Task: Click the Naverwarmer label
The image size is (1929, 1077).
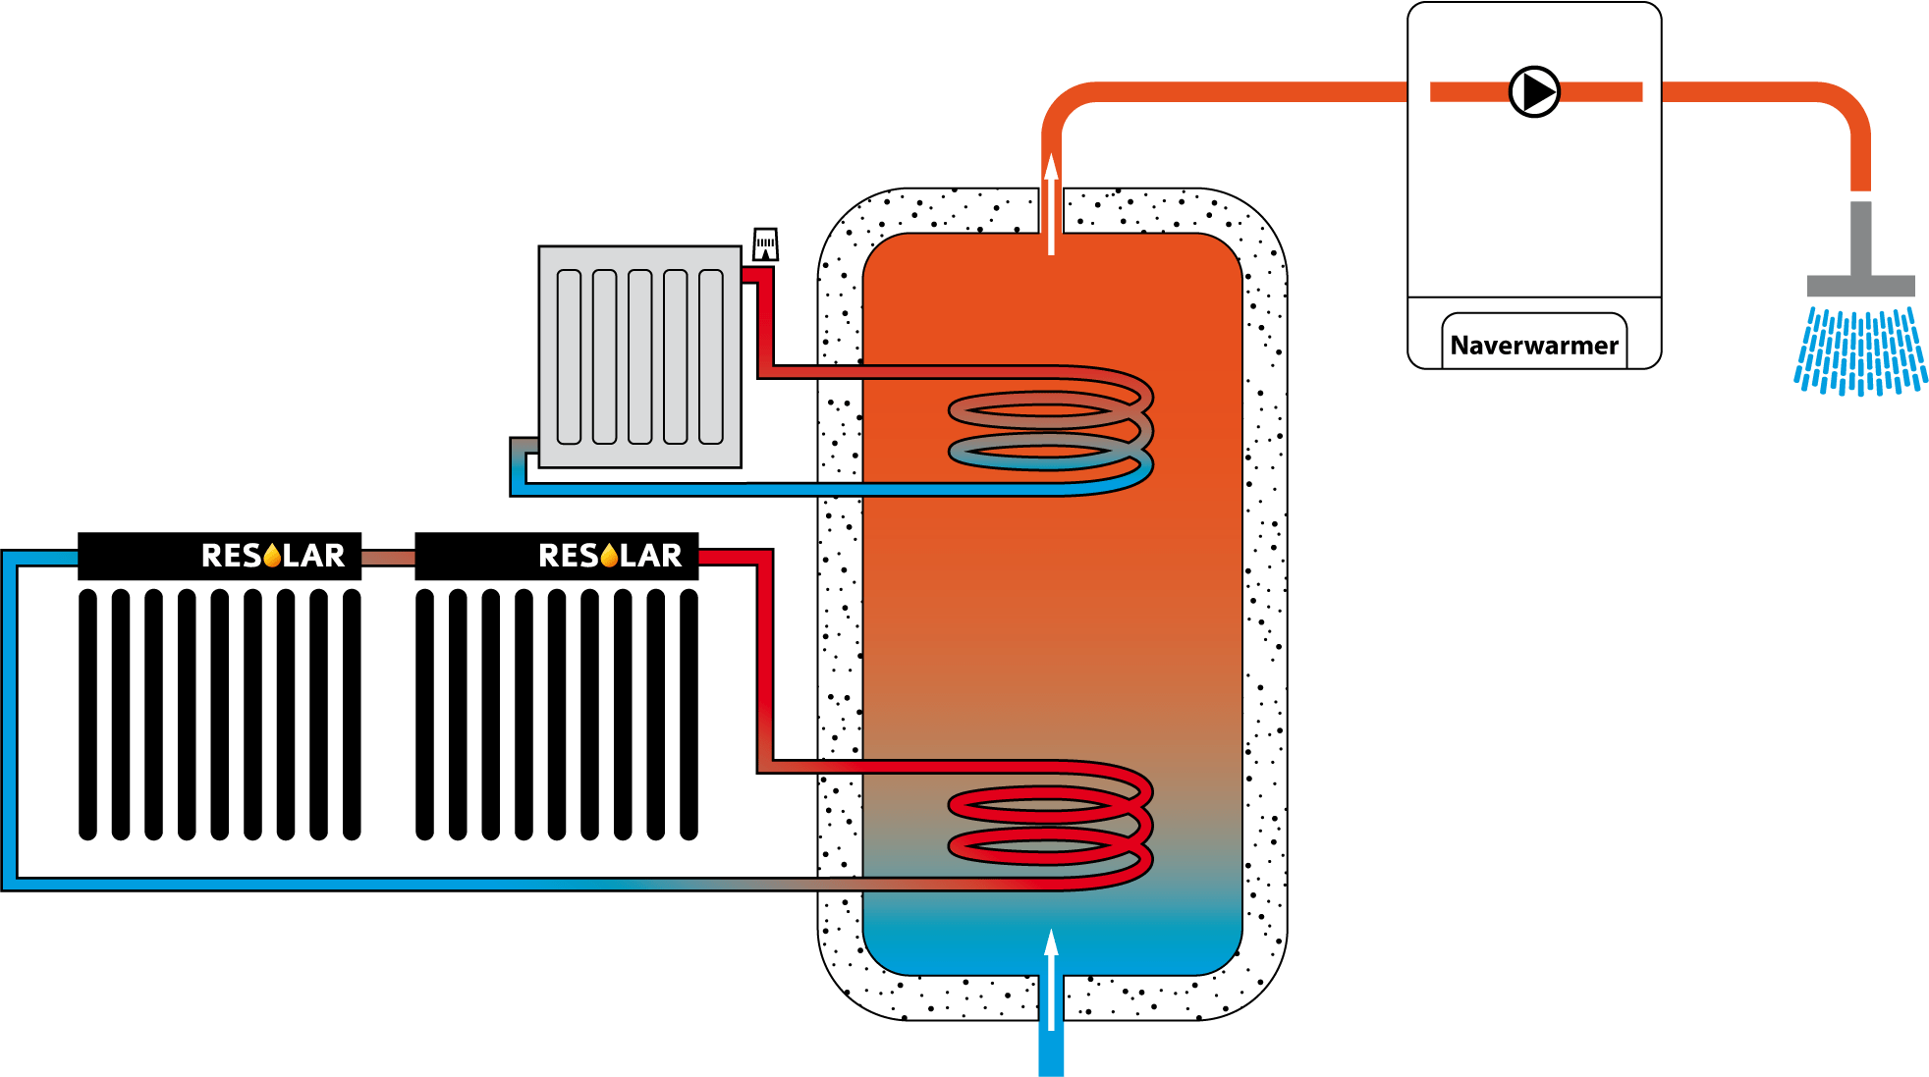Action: pyautogui.click(x=1533, y=346)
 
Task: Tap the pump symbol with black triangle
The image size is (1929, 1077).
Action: pyautogui.click(x=1534, y=91)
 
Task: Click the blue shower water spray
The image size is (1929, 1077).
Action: pyautogui.click(x=1859, y=351)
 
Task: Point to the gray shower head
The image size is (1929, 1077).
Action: pyautogui.click(x=1860, y=285)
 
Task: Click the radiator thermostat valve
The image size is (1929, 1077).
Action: pyautogui.click(x=765, y=244)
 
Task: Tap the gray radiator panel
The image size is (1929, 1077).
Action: pyautogui.click(x=639, y=356)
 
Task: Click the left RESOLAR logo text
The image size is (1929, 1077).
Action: pyautogui.click(x=272, y=556)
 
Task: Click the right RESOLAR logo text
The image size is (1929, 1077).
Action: pyautogui.click(x=609, y=556)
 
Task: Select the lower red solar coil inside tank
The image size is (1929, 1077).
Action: pyautogui.click(x=1049, y=825)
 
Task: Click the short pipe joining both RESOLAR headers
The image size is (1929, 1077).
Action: pyautogui.click(x=388, y=558)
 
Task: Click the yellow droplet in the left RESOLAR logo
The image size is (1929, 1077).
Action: pyautogui.click(x=272, y=557)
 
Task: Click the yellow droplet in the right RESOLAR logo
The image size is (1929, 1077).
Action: pyautogui.click(x=609, y=557)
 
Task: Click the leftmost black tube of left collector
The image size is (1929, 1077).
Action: pyautogui.click(x=87, y=714)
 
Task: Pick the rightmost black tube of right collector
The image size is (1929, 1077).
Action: pyautogui.click(x=689, y=714)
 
